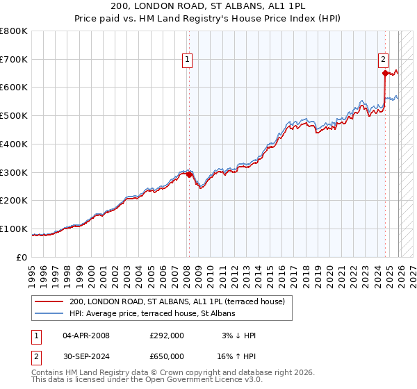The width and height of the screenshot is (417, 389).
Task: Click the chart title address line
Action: (208, 6)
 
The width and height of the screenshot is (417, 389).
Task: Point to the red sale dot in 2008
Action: (189, 175)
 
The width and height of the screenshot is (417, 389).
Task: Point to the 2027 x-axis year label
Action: (411, 271)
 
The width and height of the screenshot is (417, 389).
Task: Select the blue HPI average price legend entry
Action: (152, 313)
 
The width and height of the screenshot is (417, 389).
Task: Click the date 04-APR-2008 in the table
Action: (86, 336)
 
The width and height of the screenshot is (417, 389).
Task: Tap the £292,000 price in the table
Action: (166, 336)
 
